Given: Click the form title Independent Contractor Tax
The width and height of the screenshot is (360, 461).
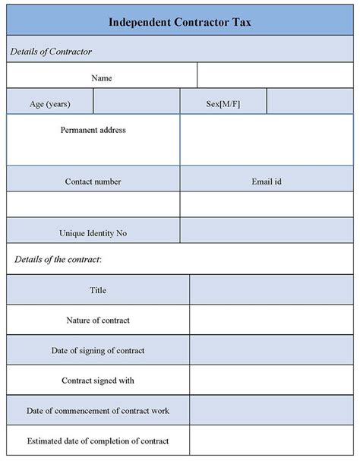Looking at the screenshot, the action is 180,22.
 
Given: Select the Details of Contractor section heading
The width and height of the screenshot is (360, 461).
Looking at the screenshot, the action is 51,51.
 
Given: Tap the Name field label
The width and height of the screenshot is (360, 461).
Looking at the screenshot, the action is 102,77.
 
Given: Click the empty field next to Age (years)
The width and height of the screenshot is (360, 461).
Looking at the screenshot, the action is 136,103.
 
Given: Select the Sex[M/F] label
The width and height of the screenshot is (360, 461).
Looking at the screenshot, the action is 223,103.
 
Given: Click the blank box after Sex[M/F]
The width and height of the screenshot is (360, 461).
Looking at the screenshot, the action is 310,103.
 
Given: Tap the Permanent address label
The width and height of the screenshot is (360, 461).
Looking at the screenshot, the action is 93,130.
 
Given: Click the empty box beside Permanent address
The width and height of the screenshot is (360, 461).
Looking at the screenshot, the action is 267,140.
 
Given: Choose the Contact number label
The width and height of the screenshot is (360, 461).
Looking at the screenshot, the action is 93,182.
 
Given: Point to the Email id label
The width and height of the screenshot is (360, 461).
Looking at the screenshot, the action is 267,182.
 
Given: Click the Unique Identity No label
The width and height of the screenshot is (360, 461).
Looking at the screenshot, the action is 93,233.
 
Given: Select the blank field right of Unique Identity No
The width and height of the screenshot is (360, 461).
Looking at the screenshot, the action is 267,232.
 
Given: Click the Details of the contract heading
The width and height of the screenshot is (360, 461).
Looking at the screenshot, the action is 58,260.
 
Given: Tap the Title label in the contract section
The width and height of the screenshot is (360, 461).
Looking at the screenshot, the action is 98,290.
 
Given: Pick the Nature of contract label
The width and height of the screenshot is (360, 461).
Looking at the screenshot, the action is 98,320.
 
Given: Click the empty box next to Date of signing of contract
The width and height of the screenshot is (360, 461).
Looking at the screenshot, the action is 271,350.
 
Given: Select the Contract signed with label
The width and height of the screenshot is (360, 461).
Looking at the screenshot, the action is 98,380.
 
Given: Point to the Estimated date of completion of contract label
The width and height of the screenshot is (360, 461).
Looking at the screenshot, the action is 98,440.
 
